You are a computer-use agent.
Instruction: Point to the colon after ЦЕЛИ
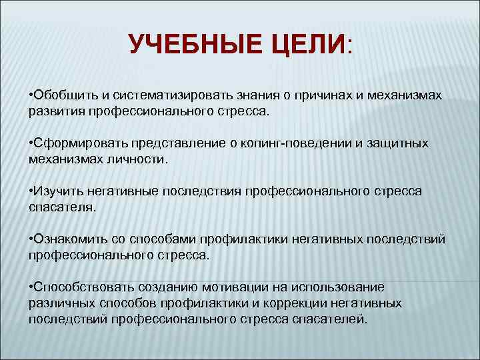click(351, 48)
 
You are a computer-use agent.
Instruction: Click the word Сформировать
click(75, 143)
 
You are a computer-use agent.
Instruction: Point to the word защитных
click(403, 143)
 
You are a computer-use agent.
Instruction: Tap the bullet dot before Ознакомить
click(31, 239)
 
